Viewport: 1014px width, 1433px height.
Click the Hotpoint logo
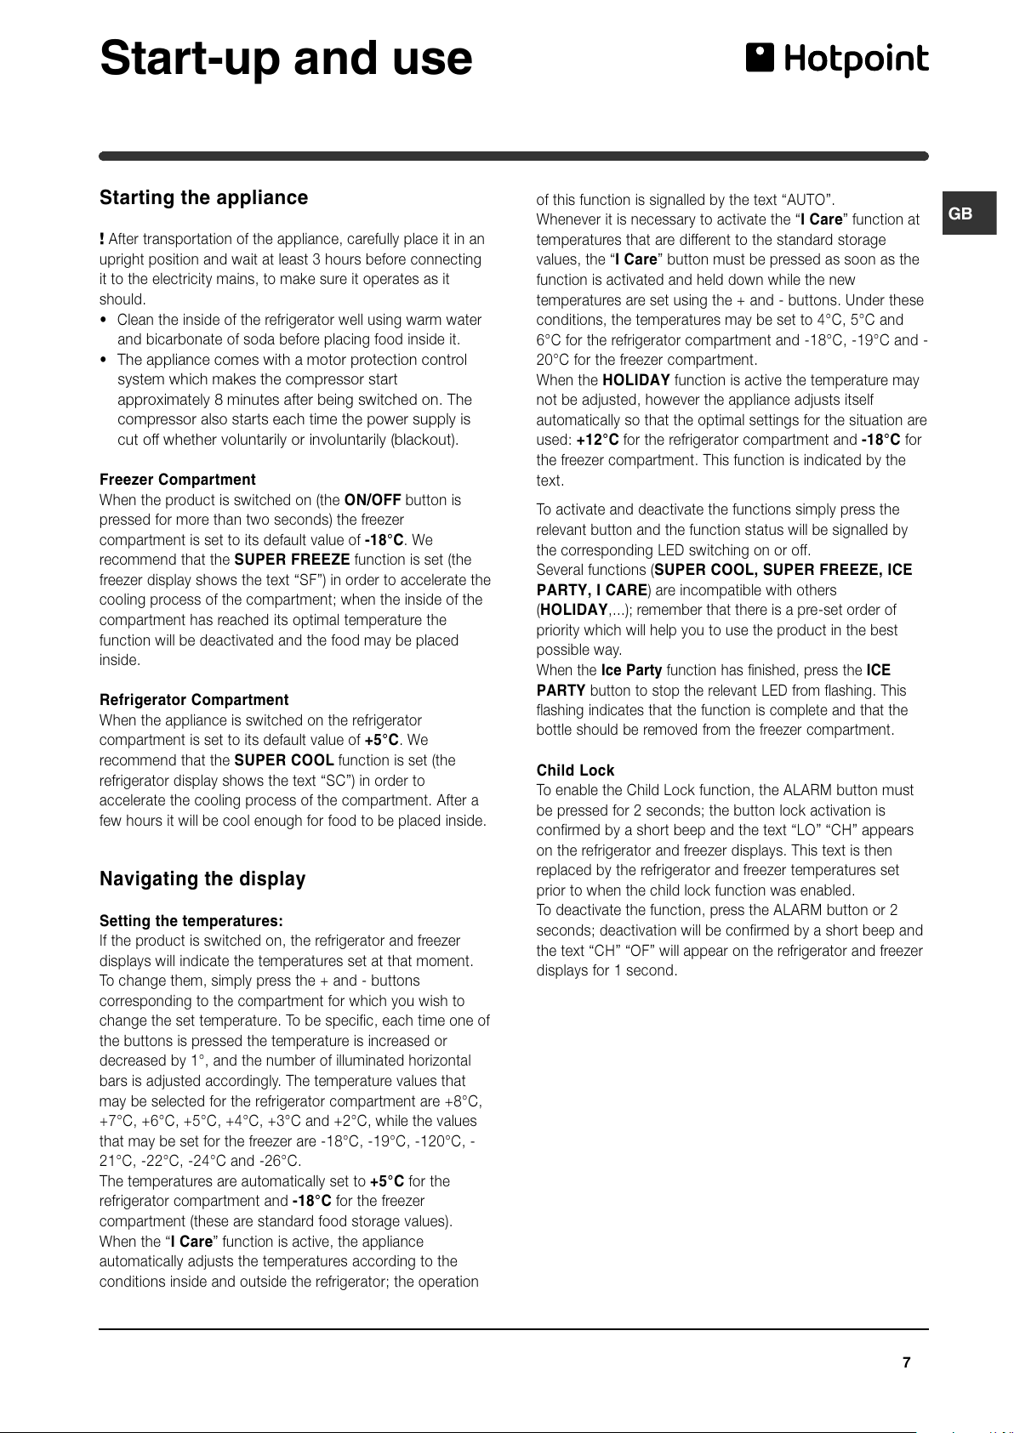point(837,59)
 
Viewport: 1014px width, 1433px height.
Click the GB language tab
point(960,213)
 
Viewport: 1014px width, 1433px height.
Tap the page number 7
point(906,1362)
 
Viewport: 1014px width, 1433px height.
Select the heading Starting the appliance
point(203,197)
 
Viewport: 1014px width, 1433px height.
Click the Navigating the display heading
point(202,879)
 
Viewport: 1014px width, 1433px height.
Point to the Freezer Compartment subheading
point(177,480)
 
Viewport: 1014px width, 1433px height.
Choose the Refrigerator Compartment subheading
point(194,700)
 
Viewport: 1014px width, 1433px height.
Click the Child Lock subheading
point(575,770)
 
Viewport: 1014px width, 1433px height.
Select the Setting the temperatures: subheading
point(191,920)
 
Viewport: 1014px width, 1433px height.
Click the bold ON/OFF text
point(372,500)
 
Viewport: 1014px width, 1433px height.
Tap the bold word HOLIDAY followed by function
point(635,380)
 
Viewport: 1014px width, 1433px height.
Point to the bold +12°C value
point(597,440)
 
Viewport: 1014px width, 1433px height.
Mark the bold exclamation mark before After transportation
point(102,239)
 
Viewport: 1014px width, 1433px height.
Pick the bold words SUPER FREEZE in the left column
point(292,560)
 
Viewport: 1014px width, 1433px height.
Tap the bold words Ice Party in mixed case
point(631,670)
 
